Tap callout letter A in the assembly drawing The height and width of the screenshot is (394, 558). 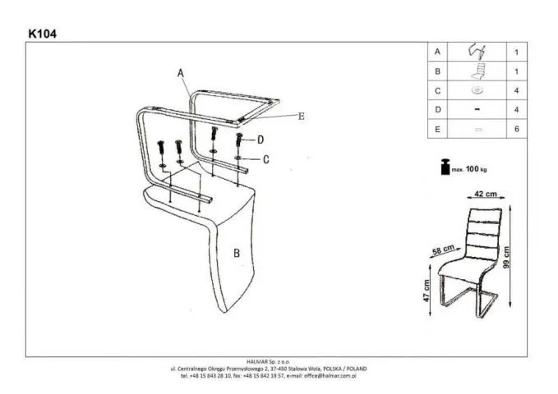[x=179, y=73]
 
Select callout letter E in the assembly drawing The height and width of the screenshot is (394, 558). [x=301, y=117]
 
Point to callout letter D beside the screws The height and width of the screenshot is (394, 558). [x=261, y=140]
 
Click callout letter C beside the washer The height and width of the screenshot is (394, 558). [x=266, y=159]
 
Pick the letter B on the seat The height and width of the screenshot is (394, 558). [x=236, y=254]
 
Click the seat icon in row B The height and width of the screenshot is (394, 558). [x=477, y=71]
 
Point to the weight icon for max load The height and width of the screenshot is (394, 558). [x=445, y=167]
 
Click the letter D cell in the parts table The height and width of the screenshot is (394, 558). [x=438, y=109]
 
